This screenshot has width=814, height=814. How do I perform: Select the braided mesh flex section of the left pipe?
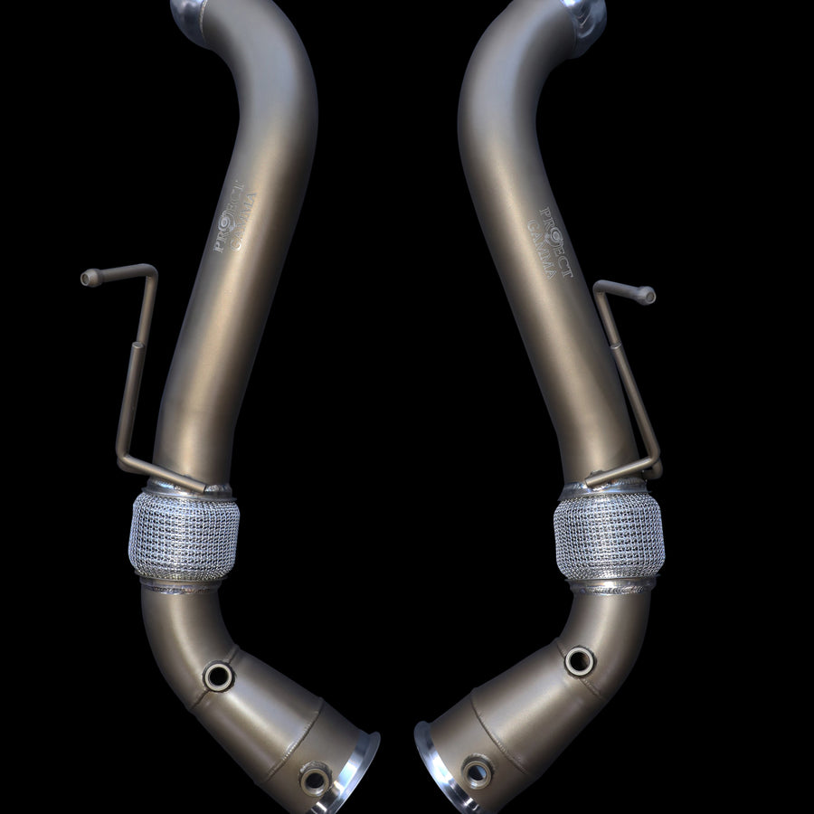tap(185, 537)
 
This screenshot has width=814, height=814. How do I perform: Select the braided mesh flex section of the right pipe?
tap(609, 539)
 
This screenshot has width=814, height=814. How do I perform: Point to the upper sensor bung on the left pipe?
tap(218, 675)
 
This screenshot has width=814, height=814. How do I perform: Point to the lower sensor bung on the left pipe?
tap(315, 779)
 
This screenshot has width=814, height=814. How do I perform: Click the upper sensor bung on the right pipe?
tap(579, 661)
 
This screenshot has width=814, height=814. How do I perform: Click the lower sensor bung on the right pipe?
tap(476, 771)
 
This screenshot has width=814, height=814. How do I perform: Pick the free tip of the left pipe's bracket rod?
tap(88, 279)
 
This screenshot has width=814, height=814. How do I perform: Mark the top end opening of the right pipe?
tap(584, 11)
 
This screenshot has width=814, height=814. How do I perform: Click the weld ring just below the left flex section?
tap(180, 586)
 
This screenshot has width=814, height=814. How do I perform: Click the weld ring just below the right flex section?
tap(612, 586)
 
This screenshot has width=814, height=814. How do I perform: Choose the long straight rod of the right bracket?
tap(629, 380)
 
